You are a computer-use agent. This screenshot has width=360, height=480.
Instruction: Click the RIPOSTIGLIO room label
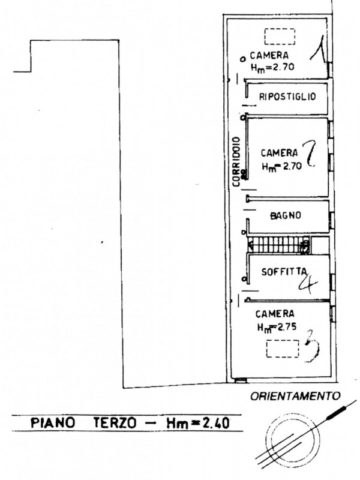pos(287,97)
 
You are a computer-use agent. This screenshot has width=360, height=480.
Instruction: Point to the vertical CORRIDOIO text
pos(238,156)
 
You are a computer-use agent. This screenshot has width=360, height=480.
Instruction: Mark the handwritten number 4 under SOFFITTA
pos(307,283)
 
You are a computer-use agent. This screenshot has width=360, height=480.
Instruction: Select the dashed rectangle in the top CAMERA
pos(281,37)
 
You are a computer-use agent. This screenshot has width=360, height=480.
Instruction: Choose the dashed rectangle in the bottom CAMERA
pos(282,349)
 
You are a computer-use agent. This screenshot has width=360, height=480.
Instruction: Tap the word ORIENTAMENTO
pos(295,396)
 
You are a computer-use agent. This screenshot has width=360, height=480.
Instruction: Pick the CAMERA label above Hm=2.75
pos(274,314)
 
